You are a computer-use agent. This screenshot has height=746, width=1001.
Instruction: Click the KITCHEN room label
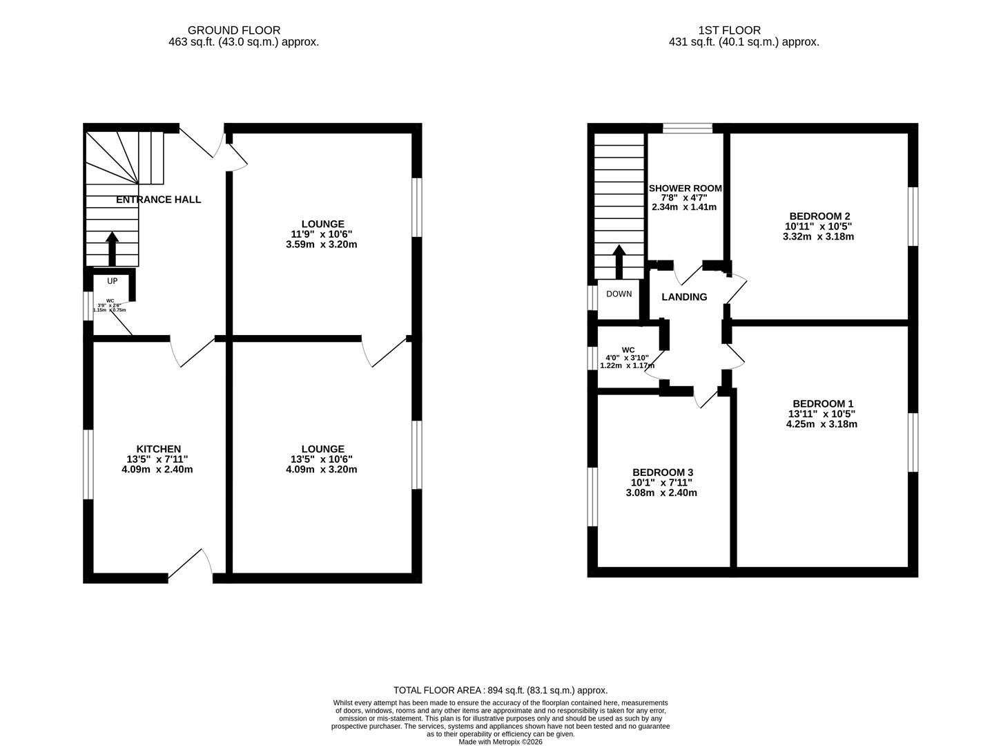(x=158, y=449)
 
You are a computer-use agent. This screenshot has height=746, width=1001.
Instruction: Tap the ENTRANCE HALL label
(x=158, y=200)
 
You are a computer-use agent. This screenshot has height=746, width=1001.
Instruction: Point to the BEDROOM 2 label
(x=817, y=216)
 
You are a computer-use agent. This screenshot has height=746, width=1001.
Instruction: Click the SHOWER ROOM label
(x=685, y=188)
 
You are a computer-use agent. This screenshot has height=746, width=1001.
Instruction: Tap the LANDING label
(x=684, y=297)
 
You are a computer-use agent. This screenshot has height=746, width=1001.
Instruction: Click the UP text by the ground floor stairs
(x=112, y=281)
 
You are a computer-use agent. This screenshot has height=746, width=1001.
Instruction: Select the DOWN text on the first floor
(x=619, y=294)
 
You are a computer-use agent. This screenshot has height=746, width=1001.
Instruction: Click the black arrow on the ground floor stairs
(x=112, y=249)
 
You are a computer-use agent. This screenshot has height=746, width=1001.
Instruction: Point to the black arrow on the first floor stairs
(x=619, y=261)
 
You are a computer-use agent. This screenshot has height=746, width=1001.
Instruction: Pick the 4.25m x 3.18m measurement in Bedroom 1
(x=822, y=424)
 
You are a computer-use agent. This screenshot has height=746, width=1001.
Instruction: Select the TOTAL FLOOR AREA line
(x=500, y=690)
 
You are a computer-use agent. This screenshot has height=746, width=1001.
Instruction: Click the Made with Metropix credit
(x=500, y=742)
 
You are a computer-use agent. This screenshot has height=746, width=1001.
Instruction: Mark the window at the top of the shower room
(x=688, y=128)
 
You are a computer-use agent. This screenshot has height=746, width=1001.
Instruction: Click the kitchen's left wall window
(x=88, y=463)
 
